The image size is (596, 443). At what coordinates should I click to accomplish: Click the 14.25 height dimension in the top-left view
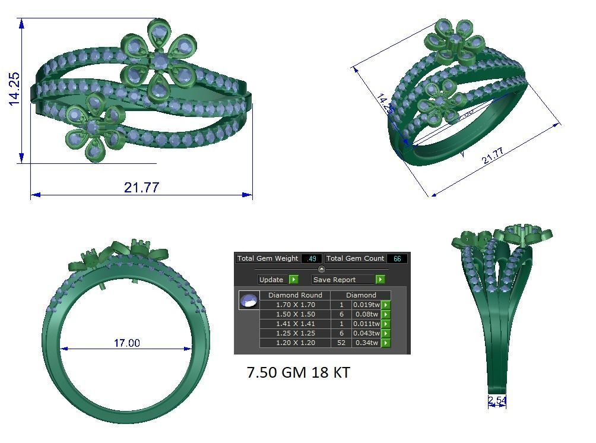pyautogui.click(x=14, y=89)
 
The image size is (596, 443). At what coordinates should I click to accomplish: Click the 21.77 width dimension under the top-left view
pyautogui.click(x=141, y=187)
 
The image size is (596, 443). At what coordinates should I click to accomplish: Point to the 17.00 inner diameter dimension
pyautogui.click(x=127, y=343)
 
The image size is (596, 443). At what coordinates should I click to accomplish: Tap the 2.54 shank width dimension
pyautogui.click(x=497, y=401)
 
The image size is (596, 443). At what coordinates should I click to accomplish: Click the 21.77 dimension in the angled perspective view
pyautogui.click(x=492, y=156)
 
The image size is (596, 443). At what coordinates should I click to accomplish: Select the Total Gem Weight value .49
pyautogui.click(x=312, y=259)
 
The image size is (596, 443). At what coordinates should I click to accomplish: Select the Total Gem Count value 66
pyautogui.click(x=397, y=259)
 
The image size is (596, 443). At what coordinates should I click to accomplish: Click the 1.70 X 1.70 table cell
pyautogui.click(x=295, y=305)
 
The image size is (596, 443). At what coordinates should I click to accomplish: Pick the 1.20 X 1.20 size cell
pyautogui.click(x=295, y=343)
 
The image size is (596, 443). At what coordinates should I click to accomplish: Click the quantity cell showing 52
pyautogui.click(x=341, y=343)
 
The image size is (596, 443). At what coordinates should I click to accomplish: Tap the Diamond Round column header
pyautogui.click(x=295, y=295)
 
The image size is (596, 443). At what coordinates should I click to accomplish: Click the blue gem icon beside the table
pyautogui.click(x=248, y=300)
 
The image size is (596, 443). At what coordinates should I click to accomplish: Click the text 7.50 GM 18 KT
pyautogui.click(x=298, y=373)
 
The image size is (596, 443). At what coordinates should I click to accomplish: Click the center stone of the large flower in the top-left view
pyautogui.click(x=159, y=61)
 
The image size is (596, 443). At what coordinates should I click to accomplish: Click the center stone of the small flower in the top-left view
pyautogui.click(x=92, y=127)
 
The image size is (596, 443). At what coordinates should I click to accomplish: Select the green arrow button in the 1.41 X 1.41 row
pyautogui.click(x=386, y=324)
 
